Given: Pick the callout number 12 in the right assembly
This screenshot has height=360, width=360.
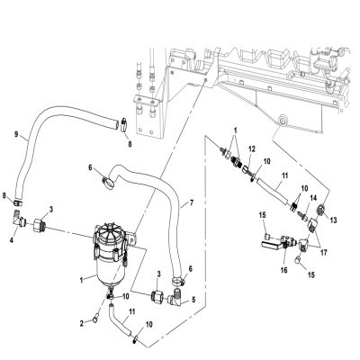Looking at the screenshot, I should pyautogui.click(x=252, y=148).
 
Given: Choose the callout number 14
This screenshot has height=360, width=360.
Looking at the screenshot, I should pyautogui.click(x=314, y=197).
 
